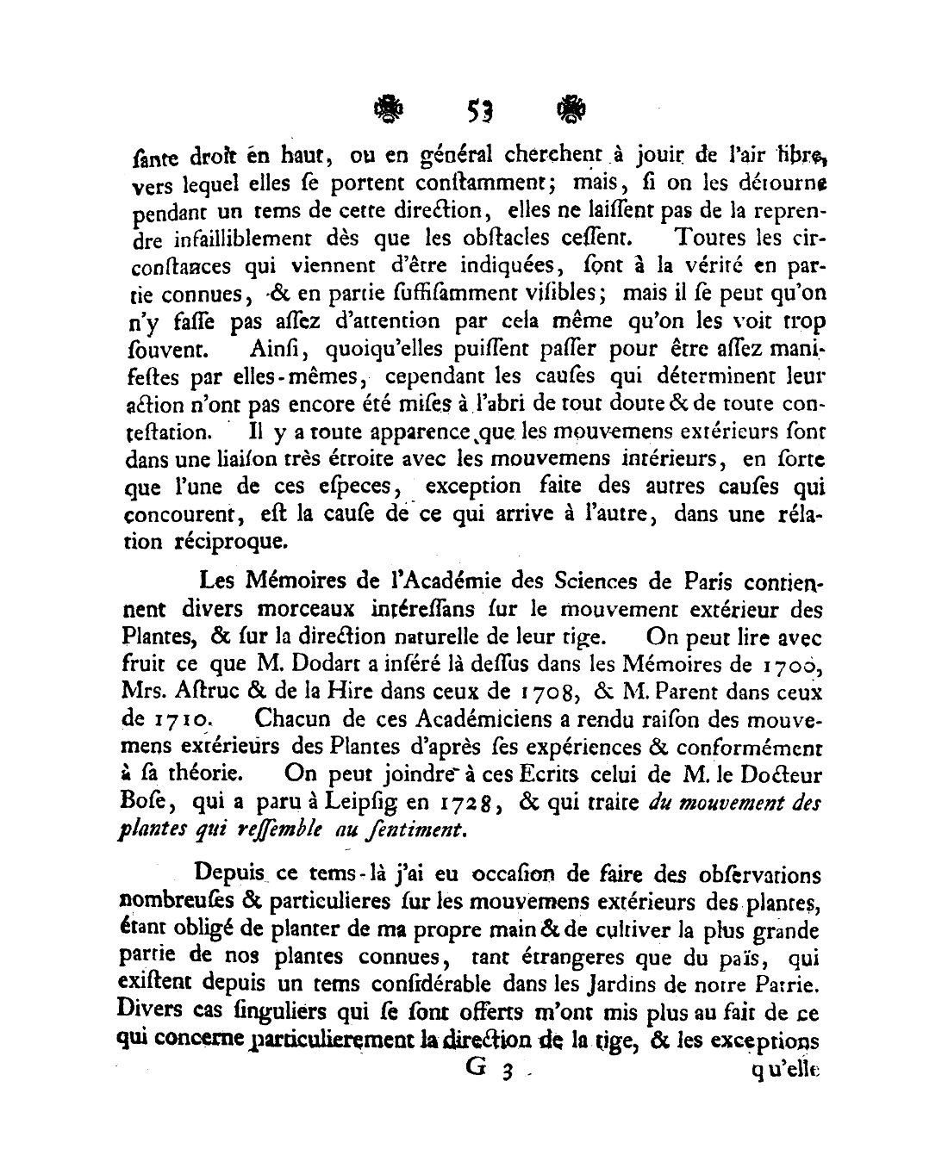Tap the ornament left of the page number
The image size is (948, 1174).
[x=385, y=109]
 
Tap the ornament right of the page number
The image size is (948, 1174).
[x=571, y=109]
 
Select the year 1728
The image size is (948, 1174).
[x=466, y=804]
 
